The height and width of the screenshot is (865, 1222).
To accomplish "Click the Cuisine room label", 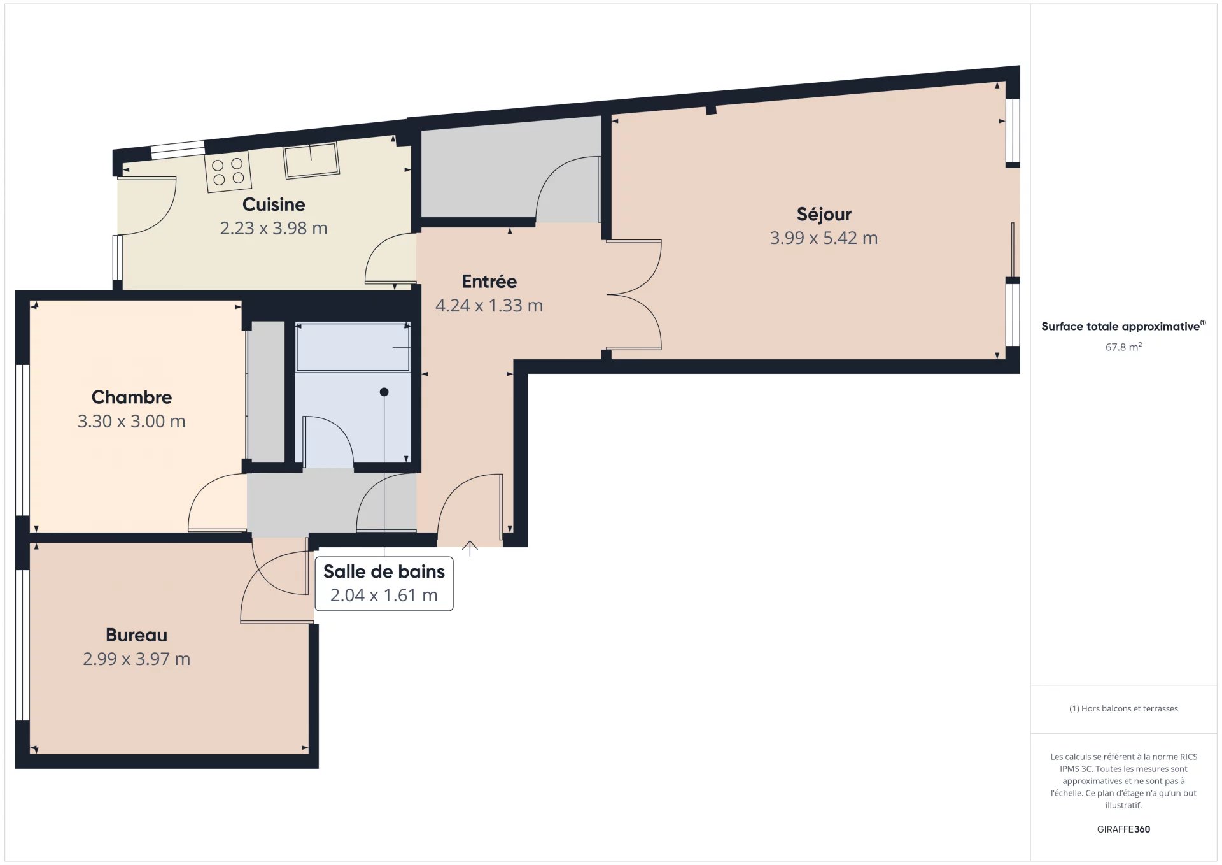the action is [274, 204].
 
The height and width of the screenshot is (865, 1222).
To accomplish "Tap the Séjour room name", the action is [824, 214].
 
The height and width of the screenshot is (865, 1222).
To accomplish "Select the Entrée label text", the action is [489, 281].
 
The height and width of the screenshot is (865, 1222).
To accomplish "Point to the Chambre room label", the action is [132, 397].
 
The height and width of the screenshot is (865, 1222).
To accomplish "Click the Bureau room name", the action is [136, 635].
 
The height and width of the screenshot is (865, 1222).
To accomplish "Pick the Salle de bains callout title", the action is [384, 571].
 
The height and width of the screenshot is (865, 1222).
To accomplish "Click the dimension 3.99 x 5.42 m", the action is [824, 238].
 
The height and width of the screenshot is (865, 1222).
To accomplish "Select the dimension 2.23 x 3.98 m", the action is [274, 228].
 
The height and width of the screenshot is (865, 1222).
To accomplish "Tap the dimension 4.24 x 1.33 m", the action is [489, 306].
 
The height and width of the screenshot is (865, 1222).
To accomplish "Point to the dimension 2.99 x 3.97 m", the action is [136, 659].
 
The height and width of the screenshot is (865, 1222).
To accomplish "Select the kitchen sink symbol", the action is [311, 161].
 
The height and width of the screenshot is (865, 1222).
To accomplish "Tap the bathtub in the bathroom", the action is [353, 347].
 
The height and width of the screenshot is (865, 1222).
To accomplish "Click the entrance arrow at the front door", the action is [470, 548].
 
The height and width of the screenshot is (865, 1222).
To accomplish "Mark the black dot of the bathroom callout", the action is [384, 392].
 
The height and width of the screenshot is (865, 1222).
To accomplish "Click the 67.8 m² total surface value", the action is [1123, 347].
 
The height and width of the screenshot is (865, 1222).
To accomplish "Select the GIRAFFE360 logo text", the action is [1123, 829].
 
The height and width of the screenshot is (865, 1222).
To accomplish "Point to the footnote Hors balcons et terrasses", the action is [1123, 708].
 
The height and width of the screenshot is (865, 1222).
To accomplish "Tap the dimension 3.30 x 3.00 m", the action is [132, 421].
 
